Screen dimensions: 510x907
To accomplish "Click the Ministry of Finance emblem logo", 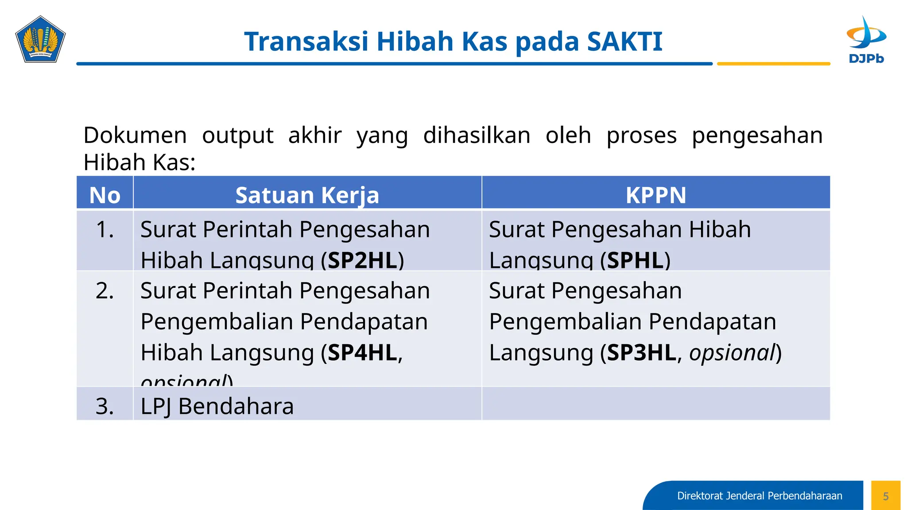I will pos(40,39).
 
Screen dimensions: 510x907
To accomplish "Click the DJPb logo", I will pos(866,39).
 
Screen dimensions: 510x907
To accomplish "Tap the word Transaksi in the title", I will pos(306,42).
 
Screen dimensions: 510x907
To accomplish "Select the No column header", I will pos(105,195).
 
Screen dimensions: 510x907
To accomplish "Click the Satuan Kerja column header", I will pos(307,195).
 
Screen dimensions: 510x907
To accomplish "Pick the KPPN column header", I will pos(656,195).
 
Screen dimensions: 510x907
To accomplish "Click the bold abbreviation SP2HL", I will pos(362,260).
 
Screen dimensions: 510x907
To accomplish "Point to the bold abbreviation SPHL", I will pos(636,260).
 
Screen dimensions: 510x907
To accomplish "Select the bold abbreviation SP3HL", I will pos(641,353).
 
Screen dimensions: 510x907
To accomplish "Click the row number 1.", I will pos(105,230).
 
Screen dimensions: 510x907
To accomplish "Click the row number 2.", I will pos(105,291).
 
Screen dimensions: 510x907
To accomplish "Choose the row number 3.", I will pos(105,406).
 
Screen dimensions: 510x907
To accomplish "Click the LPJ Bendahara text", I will pos(217,406).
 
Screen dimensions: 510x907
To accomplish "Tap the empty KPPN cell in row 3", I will pos(656,403).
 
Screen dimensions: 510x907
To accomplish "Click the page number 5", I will pos(886,496).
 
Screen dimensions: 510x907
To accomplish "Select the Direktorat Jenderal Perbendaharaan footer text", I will pos(760,496).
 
